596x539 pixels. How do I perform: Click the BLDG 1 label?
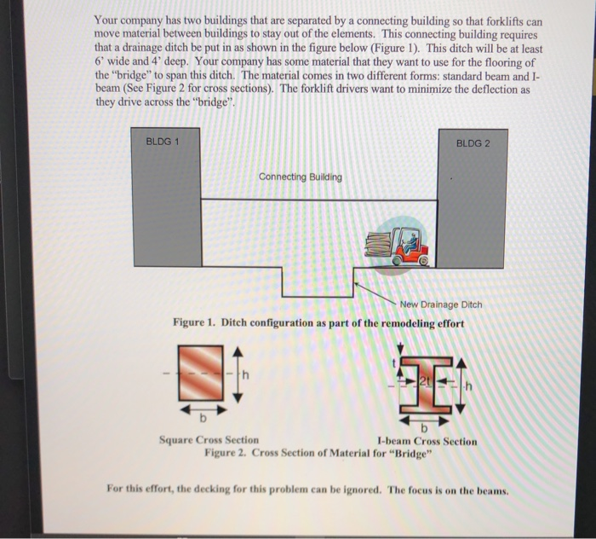(161, 142)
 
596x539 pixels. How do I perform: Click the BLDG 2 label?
(473, 142)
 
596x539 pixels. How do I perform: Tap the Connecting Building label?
(301, 177)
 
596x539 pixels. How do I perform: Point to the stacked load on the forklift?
(378, 248)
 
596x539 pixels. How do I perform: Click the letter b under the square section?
(202, 420)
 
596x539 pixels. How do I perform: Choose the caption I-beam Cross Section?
(427, 441)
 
